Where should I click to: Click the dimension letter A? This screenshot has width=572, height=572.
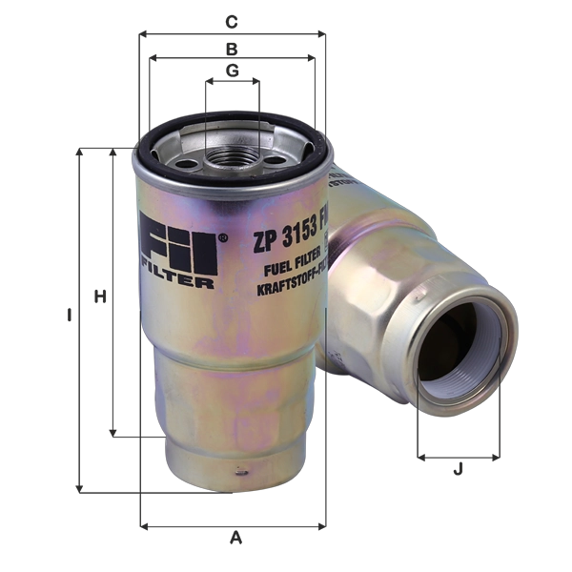click(235, 539)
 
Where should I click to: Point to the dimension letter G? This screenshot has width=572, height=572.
click(232, 70)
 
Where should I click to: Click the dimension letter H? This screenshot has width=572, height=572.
click(97, 298)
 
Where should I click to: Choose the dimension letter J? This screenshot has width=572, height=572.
click(459, 469)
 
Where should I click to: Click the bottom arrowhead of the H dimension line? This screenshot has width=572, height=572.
click(113, 434)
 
